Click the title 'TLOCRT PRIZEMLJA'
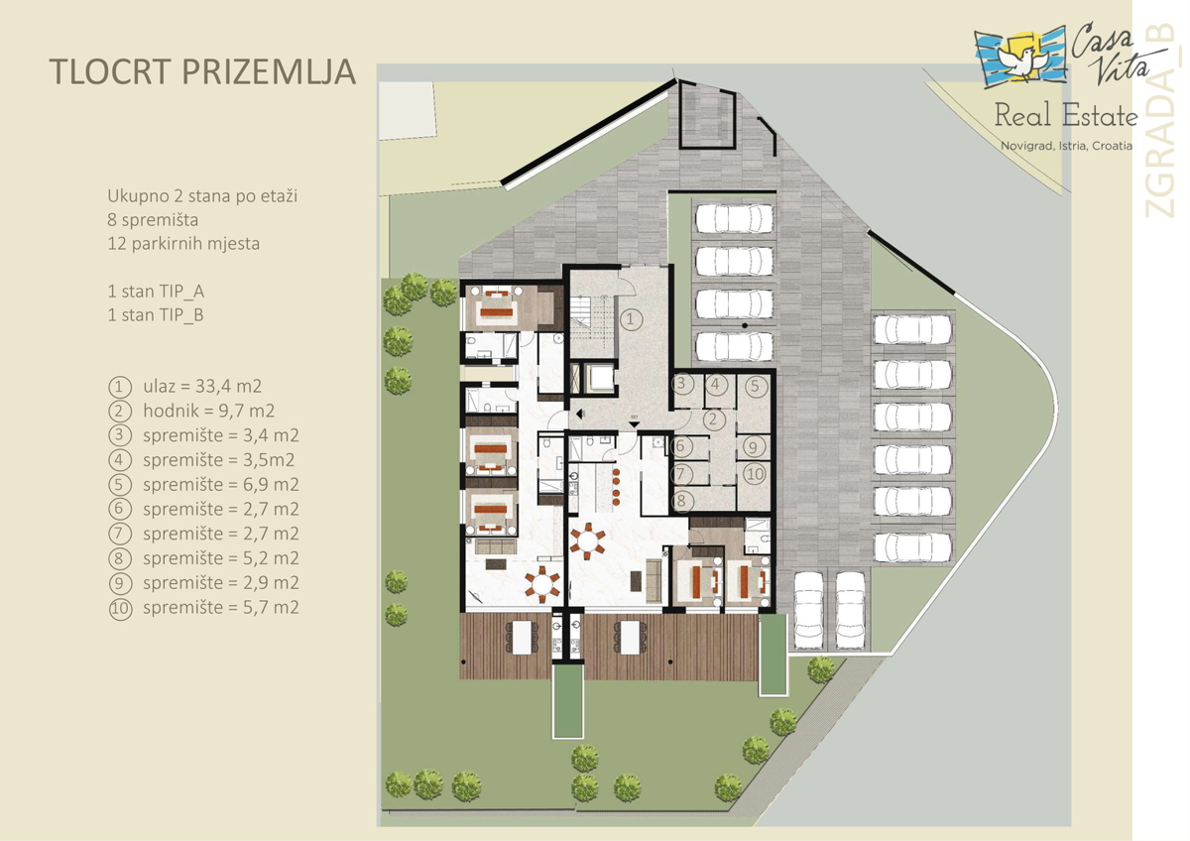[x=201, y=72]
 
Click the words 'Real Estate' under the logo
[x=1065, y=117]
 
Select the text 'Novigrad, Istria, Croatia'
[x=1065, y=146]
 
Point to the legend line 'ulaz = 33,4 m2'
[x=201, y=386]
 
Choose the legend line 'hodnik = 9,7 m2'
[x=208, y=411]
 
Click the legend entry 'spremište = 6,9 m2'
[x=220, y=485]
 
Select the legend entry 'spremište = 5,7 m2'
[x=220, y=608]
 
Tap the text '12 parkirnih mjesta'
[x=183, y=243]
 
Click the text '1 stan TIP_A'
[x=156, y=292]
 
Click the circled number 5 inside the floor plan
[x=754, y=386]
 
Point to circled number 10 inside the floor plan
[x=754, y=474]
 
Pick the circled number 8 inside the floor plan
[x=680, y=501]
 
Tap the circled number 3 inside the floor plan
[x=680, y=384]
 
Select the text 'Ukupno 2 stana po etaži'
[x=202, y=195]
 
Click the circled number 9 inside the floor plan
[x=754, y=446]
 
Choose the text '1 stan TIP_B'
[x=156, y=315]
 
